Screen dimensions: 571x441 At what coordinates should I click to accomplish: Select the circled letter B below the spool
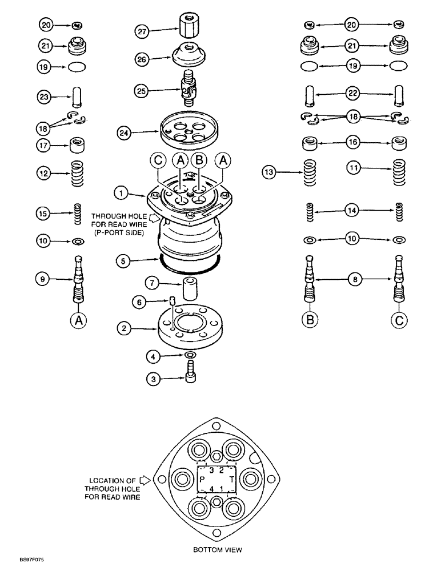(x=310, y=320)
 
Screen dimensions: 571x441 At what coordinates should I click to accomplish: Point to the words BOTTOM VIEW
(x=218, y=550)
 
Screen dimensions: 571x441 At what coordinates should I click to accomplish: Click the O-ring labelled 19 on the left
(x=78, y=67)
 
